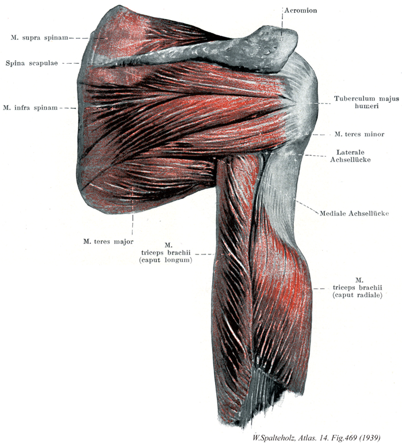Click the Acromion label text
[301, 10]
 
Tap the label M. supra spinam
[39, 37]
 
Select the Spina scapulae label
[32, 63]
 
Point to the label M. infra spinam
[30, 108]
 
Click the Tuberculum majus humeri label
[366, 102]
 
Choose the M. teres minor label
[359, 134]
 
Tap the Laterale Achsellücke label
[350, 156]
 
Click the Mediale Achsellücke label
[354, 213]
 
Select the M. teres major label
[108, 241]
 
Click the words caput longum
[166, 260]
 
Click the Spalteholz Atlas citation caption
[316, 438]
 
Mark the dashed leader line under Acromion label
[282, 24]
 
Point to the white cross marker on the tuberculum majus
[309, 103]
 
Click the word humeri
[366, 106]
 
